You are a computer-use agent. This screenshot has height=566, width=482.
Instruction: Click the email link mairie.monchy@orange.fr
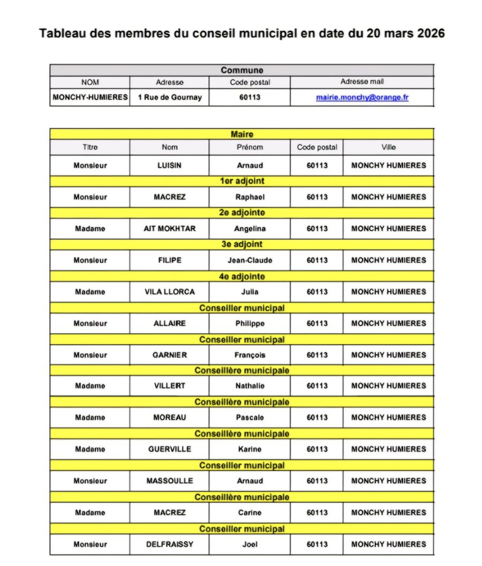[362, 98]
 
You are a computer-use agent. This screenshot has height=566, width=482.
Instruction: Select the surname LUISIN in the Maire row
[169, 166]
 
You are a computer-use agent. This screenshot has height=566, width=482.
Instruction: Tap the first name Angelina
[250, 229]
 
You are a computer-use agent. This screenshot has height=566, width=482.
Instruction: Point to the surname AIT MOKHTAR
[169, 229]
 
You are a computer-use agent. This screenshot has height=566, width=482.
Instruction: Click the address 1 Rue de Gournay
[169, 98]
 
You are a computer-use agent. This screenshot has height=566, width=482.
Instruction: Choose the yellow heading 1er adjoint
[242, 181]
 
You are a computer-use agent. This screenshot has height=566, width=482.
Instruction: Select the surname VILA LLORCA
[169, 292]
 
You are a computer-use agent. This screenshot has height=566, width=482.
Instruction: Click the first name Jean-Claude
[250, 260]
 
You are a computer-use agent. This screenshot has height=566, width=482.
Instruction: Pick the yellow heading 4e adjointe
[242, 277]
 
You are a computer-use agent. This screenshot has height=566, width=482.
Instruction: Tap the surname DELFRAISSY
[169, 545]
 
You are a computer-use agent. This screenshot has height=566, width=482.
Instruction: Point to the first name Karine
[250, 449]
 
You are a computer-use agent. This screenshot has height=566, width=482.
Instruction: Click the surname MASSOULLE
[169, 481]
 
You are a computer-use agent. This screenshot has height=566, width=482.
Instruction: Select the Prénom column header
[250, 147]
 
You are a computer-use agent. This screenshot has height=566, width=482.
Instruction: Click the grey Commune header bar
[242, 70]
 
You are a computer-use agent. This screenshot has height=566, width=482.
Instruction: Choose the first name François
[250, 355]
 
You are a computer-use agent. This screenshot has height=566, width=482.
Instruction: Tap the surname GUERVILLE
[169, 449]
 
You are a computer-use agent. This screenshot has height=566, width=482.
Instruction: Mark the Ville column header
[388, 147]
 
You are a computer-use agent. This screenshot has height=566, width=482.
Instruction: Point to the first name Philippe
[250, 324]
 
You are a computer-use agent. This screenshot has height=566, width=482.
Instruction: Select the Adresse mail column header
[362, 82]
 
